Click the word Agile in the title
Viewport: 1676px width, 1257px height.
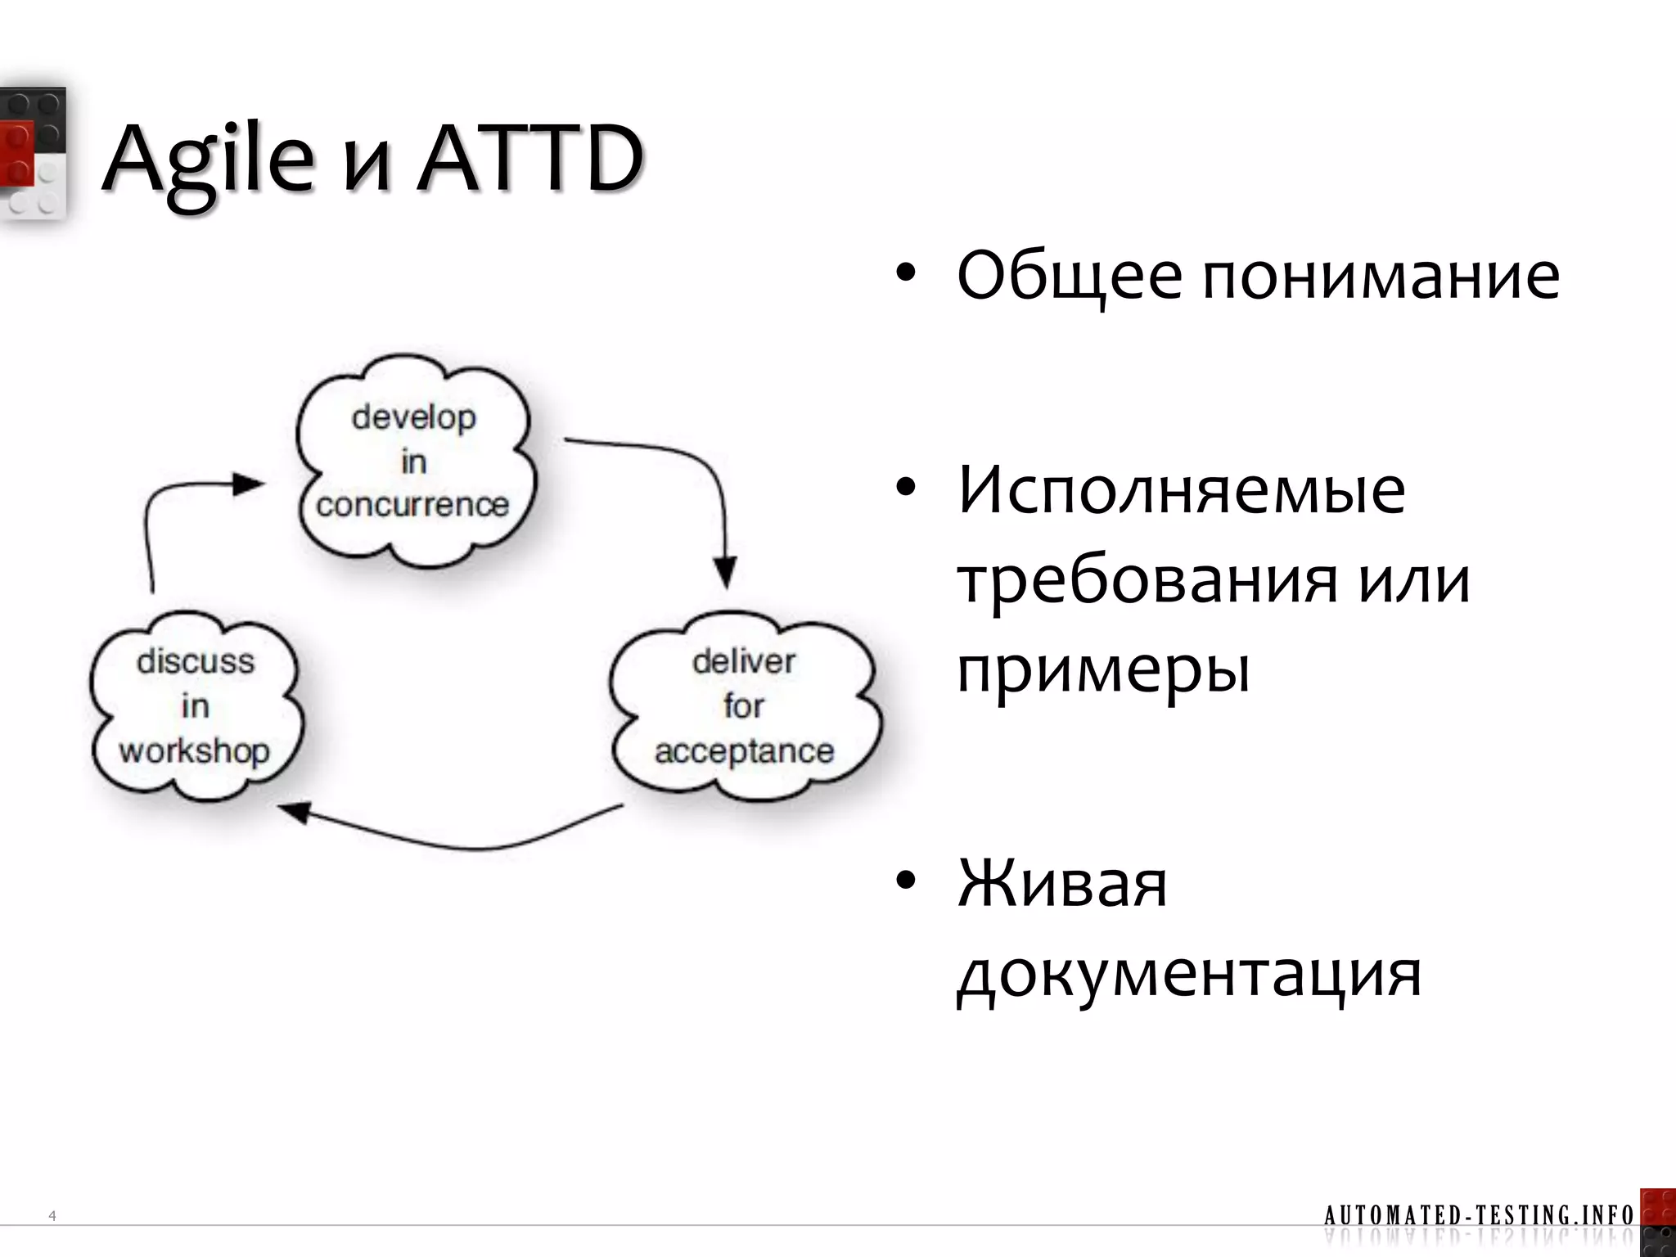tap(209, 160)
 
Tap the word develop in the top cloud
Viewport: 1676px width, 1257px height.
tap(413, 418)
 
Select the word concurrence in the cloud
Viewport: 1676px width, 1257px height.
tap(412, 505)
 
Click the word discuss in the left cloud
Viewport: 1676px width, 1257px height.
tap(196, 661)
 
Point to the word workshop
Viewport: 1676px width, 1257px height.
tap(195, 751)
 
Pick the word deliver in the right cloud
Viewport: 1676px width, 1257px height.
tap(743, 661)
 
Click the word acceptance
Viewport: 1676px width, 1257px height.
tap(743, 751)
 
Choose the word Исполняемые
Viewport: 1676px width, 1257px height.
tap(1182, 490)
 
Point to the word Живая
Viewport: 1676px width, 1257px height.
tap(1062, 885)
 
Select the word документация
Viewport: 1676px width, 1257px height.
tap(1189, 975)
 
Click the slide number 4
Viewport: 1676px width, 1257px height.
tap(52, 1216)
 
